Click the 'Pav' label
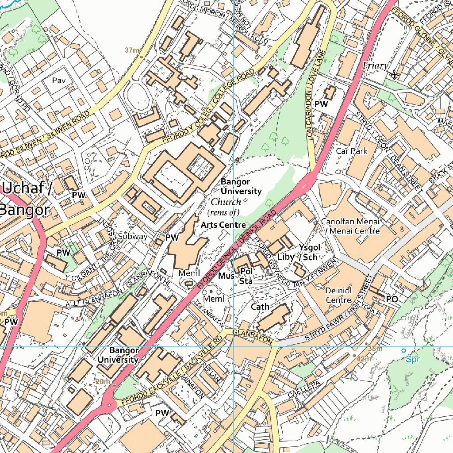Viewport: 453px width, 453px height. [58, 81]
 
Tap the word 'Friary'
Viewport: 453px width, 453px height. [375, 65]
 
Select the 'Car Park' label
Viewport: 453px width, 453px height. [352, 151]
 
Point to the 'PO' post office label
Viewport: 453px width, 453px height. [392, 299]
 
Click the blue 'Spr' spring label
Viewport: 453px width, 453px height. [412, 359]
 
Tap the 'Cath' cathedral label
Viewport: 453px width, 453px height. [260, 307]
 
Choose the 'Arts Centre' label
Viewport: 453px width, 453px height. [223, 225]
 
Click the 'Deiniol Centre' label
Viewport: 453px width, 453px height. [338, 296]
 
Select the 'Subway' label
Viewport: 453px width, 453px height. [132, 236]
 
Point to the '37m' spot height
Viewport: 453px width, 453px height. [131, 50]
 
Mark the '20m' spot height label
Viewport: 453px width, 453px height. [102, 381]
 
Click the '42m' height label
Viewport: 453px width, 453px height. [364, 359]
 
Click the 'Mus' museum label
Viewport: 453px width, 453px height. [226, 276]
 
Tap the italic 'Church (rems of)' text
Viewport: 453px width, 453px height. [226, 207]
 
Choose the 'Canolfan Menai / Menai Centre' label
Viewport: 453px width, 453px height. [350, 226]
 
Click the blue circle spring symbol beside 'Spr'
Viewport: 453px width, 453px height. [403, 350]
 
